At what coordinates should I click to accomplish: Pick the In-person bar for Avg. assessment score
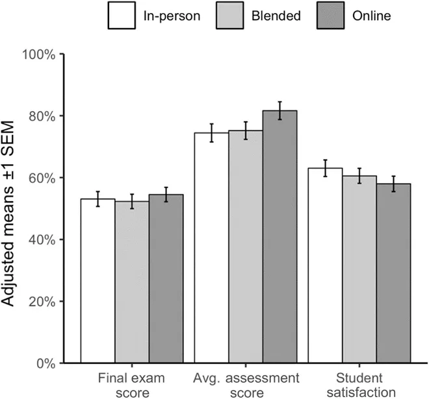tap(212, 247)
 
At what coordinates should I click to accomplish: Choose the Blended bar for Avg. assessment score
tap(246, 247)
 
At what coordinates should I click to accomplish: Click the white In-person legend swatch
tap(122, 16)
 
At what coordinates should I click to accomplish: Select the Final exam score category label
tap(131, 385)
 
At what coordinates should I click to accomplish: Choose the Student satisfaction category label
tap(359, 385)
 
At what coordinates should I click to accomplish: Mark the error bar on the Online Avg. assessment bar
tap(279, 110)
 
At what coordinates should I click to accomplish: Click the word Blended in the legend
tap(276, 16)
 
